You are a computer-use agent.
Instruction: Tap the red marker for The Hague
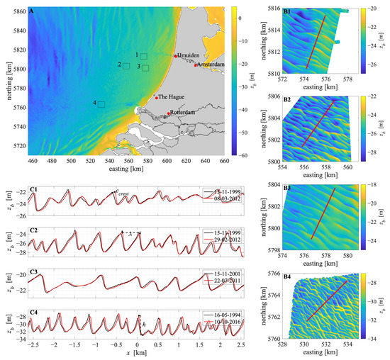coord(156,98)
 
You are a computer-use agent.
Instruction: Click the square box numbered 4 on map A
coord(101,103)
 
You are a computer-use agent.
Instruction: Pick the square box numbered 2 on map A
coord(126,65)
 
